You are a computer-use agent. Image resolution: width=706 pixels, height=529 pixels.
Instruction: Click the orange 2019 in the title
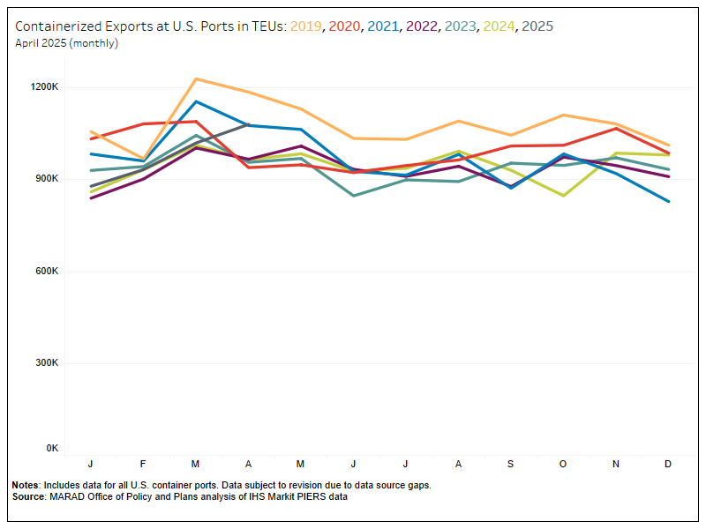(x=306, y=26)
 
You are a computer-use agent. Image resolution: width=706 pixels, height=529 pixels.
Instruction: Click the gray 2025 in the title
(x=537, y=26)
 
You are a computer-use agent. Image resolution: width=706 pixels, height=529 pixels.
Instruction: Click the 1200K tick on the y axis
(x=44, y=87)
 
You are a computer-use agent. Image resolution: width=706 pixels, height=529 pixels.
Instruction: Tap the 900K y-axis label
(x=46, y=179)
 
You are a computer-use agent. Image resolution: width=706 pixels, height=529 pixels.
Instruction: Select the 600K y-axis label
(x=46, y=271)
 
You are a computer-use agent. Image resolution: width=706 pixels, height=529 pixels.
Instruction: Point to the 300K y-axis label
(x=46, y=362)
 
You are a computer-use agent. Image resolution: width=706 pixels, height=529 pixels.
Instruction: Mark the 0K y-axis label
(x=51, y=449)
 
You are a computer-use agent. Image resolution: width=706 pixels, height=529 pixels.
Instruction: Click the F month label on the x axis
(x=143, y=464)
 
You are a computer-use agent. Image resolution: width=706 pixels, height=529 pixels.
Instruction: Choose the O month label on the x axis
(x=562, y=464)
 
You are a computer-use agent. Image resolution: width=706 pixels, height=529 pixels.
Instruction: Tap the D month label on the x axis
(x=667, y=464)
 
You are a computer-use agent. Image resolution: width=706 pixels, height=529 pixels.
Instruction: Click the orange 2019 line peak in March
(x=196, y=78)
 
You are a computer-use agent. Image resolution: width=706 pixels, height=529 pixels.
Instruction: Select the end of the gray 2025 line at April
(x=248, y=124)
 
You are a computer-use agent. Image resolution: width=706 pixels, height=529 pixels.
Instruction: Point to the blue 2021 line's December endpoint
(x=668, y=201)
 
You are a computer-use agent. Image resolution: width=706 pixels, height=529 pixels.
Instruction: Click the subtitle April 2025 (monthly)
(x=67, y=43)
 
